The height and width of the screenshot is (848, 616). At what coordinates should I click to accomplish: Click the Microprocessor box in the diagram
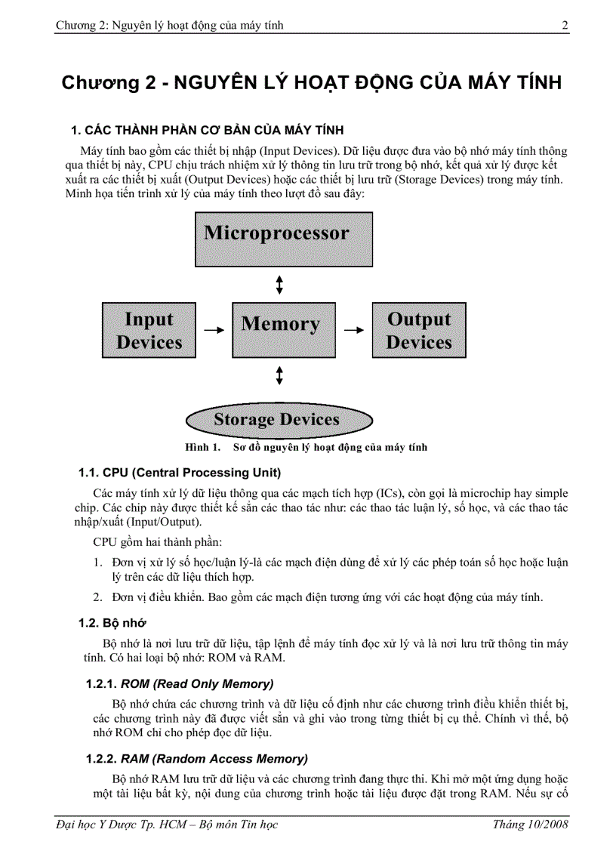284,239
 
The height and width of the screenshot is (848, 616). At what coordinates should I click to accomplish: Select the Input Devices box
149,330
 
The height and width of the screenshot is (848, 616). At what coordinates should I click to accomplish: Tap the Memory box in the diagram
280,329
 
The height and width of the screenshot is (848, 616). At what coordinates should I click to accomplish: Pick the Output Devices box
419,330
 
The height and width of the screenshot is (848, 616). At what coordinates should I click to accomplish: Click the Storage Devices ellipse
279,420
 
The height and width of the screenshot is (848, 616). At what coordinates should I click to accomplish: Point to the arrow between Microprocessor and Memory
280,285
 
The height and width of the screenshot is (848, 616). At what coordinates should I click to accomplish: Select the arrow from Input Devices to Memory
214,330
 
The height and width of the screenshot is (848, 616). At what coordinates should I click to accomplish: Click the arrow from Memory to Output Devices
353,330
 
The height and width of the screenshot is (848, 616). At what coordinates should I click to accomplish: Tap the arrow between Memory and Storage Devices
280,375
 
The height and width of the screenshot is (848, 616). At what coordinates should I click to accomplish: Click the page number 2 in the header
565,26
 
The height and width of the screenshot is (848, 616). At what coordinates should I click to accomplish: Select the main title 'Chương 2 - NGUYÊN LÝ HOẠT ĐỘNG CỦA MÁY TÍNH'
312,83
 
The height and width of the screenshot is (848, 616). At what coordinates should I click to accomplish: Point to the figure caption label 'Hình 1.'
202,447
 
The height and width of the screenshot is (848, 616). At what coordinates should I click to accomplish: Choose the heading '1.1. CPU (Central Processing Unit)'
180,473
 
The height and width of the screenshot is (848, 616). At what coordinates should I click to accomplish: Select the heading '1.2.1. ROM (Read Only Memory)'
179,684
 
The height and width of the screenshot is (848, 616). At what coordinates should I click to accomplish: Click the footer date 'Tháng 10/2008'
530,824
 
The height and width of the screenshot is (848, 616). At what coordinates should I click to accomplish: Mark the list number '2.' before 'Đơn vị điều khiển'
98,597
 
